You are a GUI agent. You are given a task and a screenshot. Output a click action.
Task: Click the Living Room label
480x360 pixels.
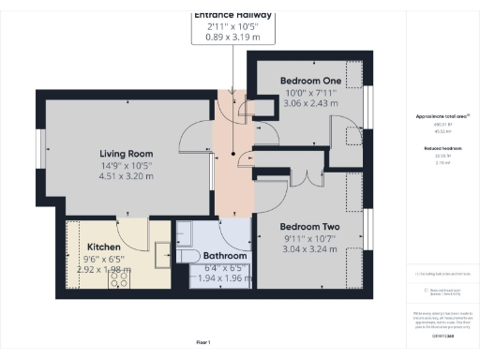127,154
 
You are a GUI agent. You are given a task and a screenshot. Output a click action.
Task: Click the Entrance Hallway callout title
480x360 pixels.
232,15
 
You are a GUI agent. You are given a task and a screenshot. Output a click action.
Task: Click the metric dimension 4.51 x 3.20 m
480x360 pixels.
127,174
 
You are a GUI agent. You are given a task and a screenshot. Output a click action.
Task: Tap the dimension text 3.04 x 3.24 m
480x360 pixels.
309,250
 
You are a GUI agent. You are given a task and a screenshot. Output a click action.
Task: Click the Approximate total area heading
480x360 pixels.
442,116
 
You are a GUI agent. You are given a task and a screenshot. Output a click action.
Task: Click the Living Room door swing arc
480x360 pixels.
193,139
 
